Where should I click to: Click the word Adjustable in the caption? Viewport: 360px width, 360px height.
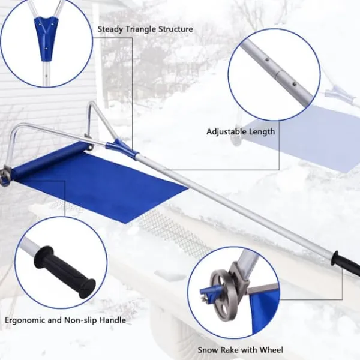pos(226,132)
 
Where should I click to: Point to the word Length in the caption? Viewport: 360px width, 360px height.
pos(261,132)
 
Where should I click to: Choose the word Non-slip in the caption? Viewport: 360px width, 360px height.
pos(80,320)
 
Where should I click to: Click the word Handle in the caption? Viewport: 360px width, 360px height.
pos(112,320)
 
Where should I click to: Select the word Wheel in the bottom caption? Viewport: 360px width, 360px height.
pos(271,350)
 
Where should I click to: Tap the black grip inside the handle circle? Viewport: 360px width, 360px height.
pos(65,272)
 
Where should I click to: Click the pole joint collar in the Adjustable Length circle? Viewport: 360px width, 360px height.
pos(281,75)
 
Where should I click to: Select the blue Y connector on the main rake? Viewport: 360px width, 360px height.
pos(121,147)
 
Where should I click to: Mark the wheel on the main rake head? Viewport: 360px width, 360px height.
pos(5,176)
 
